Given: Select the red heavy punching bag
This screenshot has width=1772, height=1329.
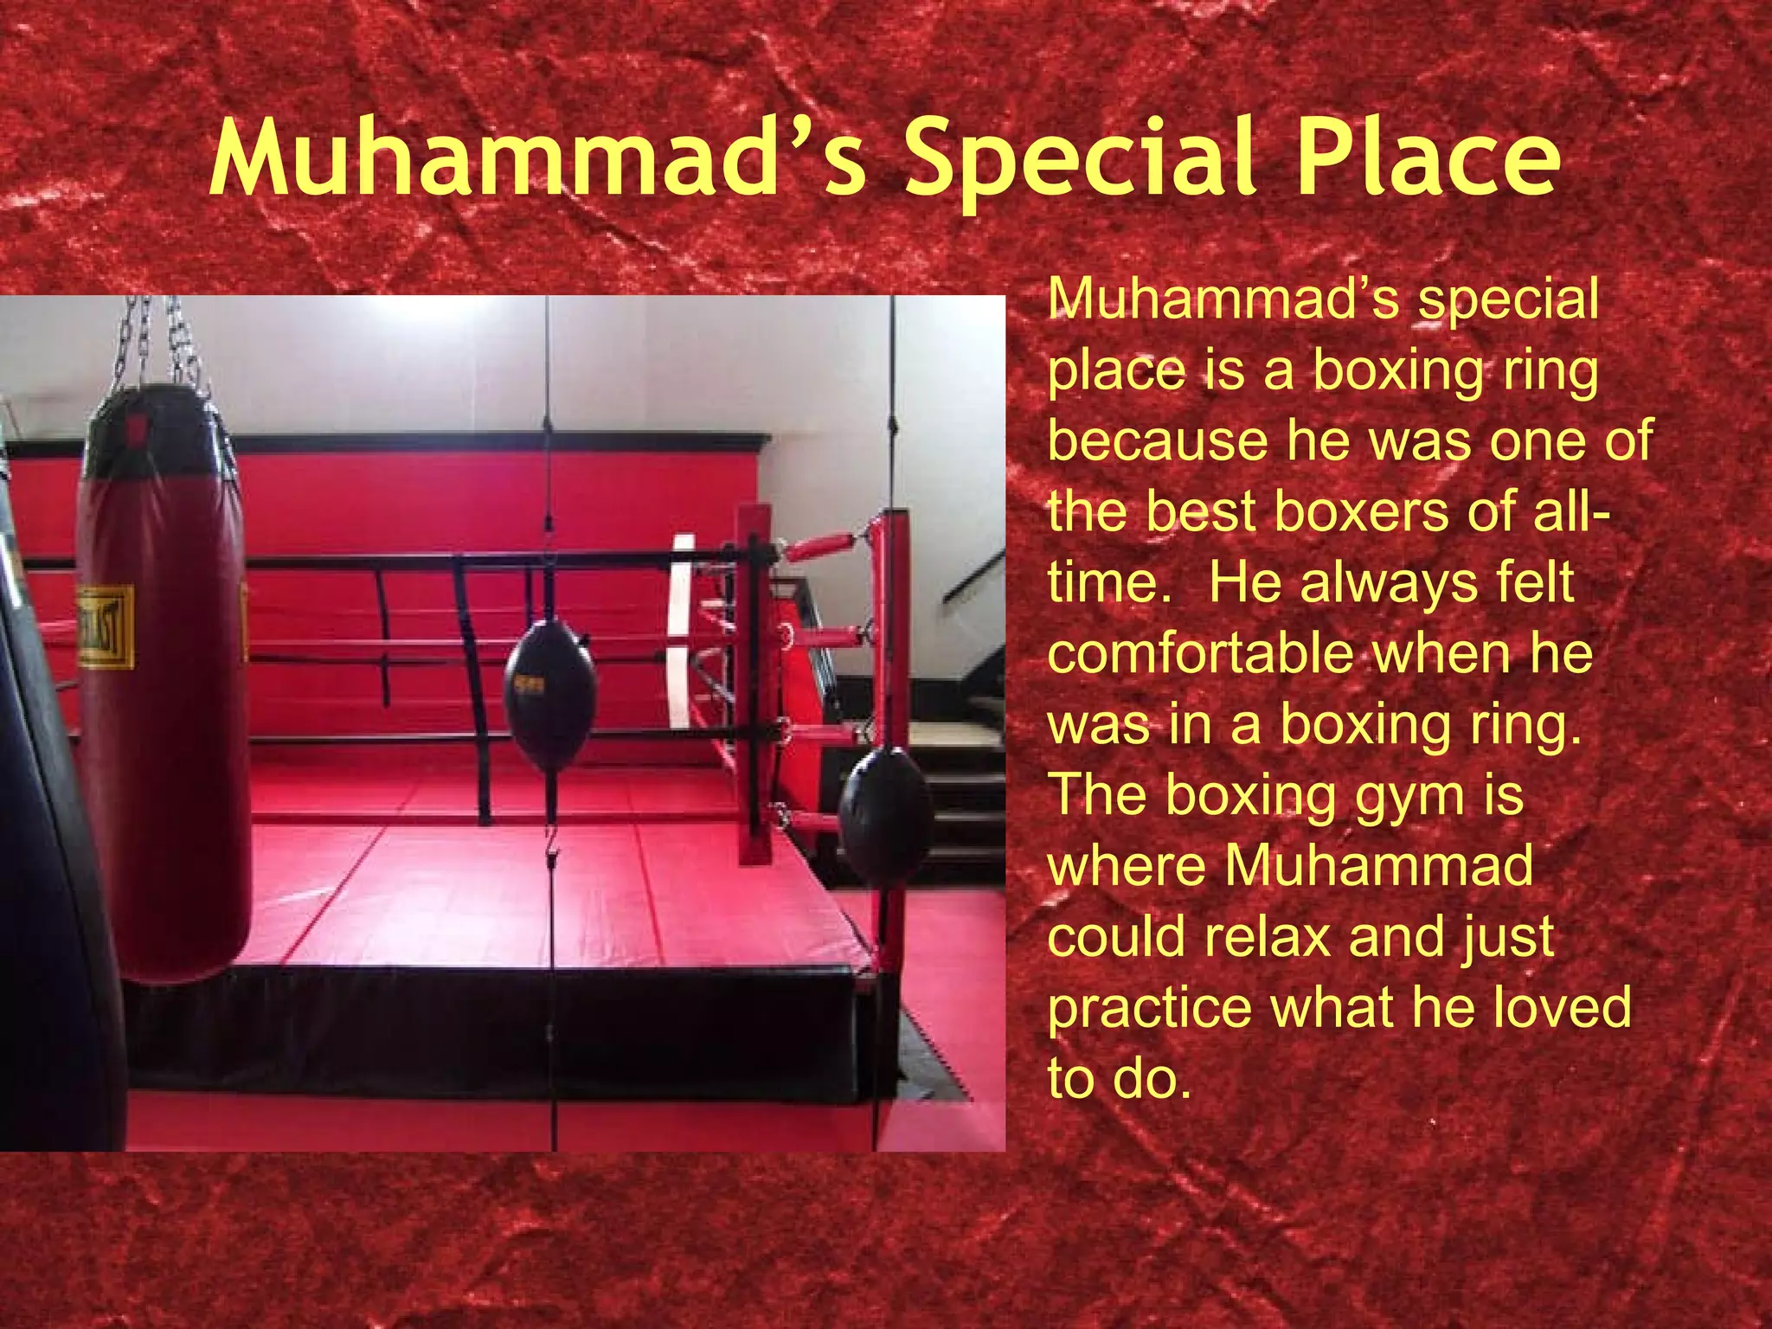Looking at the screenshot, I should point(163,692).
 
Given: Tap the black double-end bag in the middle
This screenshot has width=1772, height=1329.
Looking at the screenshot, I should point(549,692).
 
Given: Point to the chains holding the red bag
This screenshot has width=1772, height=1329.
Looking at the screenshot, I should point(164,342).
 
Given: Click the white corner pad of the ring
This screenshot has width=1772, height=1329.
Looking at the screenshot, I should point(682,632).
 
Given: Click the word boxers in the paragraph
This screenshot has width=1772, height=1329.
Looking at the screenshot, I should point(1362,512).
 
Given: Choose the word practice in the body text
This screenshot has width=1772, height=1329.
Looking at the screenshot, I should point(1149,1010).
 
